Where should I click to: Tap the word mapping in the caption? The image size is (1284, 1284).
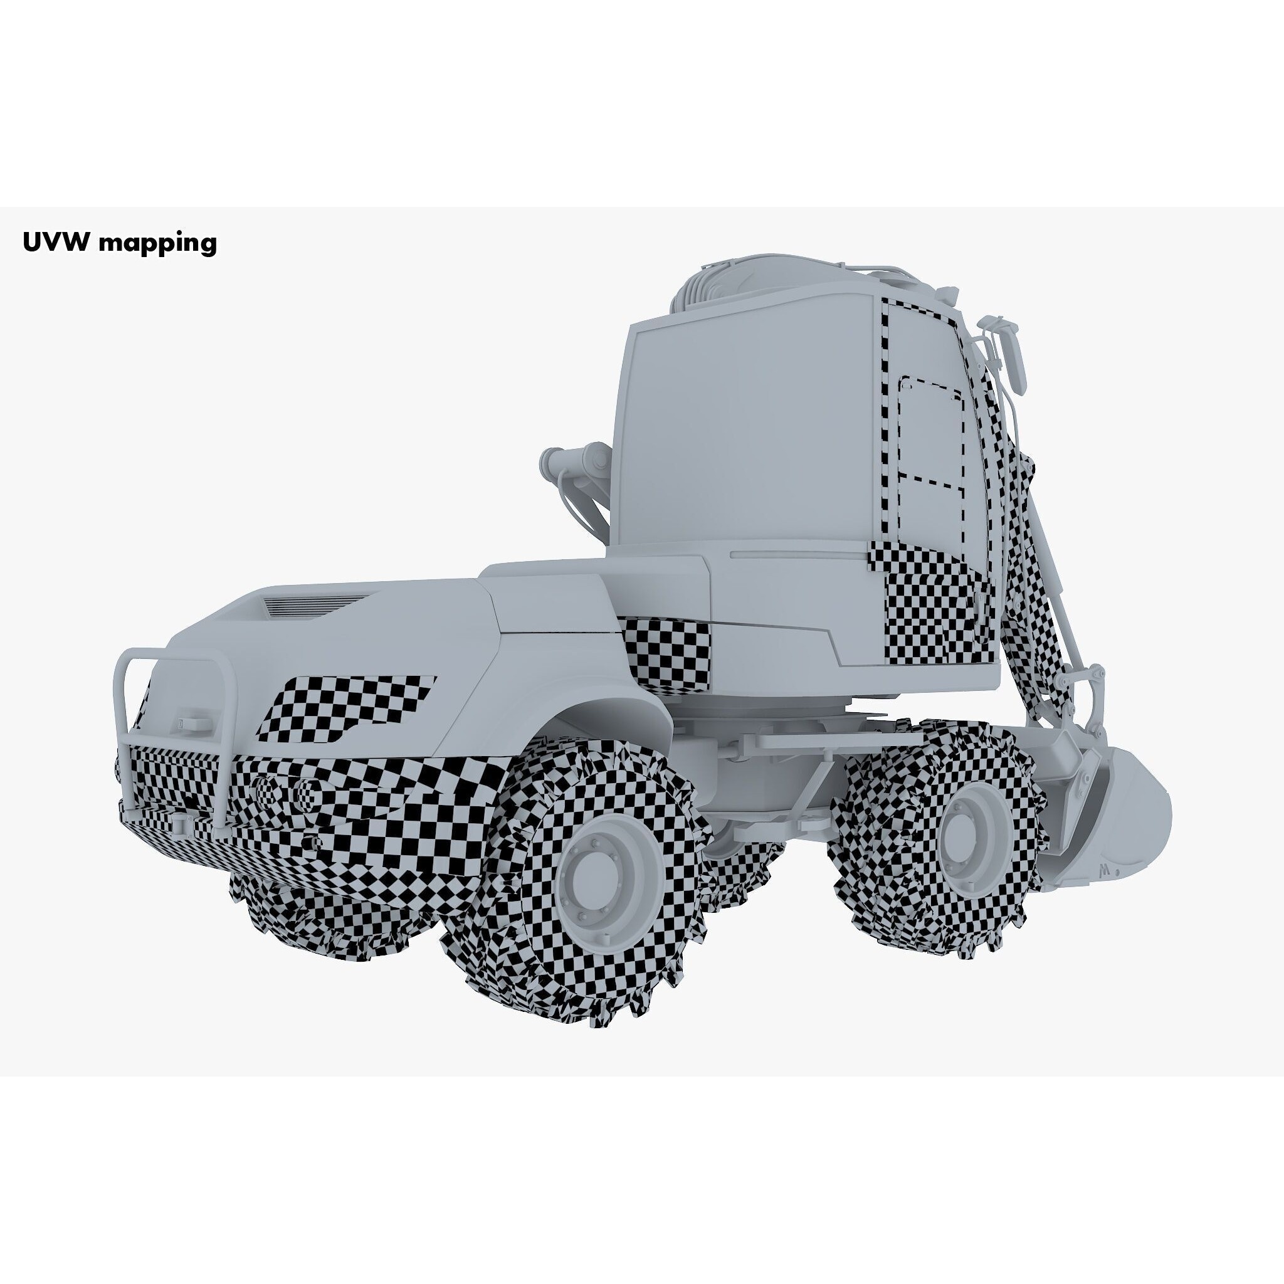click(x=157, y=243)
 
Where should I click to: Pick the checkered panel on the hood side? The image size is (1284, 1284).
click(x=345, y=707)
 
